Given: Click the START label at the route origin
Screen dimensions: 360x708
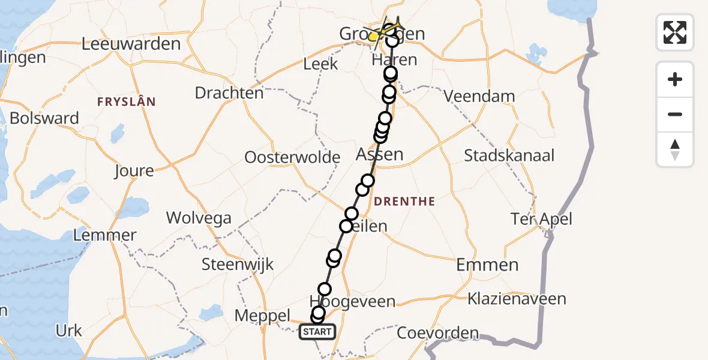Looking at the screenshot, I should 317,332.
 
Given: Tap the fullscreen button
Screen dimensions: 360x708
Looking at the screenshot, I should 675,32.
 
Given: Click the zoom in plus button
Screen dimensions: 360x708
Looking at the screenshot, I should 675,79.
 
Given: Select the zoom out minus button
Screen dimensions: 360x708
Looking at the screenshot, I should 675,114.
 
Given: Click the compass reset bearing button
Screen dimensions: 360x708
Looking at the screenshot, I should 675,149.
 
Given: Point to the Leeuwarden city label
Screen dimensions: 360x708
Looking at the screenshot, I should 131,44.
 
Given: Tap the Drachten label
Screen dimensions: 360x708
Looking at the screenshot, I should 229,93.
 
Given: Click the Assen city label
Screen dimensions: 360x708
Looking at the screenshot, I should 379,155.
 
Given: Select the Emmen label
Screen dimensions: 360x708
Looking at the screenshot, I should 487,265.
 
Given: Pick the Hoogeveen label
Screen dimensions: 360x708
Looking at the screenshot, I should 352,301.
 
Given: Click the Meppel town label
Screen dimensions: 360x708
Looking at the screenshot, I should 263,316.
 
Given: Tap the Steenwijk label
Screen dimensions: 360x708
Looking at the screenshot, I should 238,264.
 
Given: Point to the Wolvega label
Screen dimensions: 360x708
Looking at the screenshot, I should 199,217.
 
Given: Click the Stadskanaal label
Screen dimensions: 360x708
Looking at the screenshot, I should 509,156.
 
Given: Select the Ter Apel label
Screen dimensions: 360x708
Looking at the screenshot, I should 541,219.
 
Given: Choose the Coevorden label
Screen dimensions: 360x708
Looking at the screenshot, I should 438,333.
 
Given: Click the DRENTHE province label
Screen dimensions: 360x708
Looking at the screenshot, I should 404,202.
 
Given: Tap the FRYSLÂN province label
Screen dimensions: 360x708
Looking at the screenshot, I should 127,102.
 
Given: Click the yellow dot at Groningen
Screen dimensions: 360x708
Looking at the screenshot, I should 373,37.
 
